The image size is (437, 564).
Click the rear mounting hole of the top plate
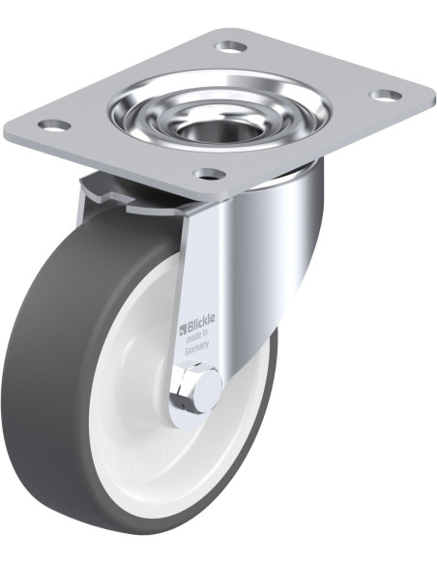(231, 46)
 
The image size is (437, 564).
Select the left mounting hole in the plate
(54, 126)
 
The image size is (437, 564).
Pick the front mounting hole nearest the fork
(209, 174)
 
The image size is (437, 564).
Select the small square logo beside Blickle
(182, 327)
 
